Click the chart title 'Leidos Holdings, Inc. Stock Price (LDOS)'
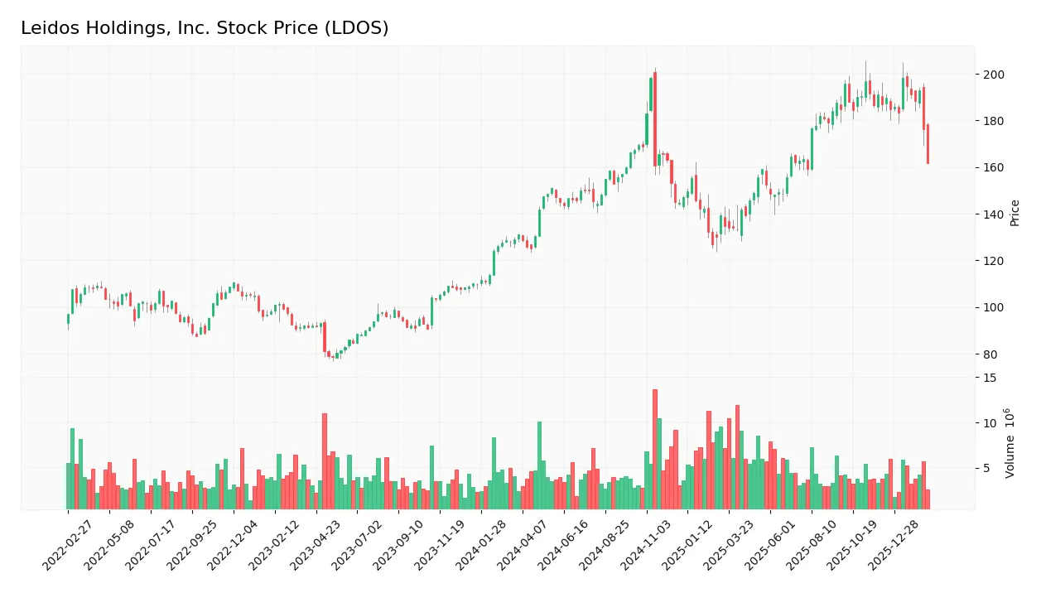pyautogui.click(x=205, y=28)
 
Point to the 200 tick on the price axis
pyautogui.click(x=994, y=75)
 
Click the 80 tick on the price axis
pyautogui.click(x=990, y=354)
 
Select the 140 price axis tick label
pyautogui.click(x=994, y=215)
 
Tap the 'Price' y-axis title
pyautogui.click(x=1015, y=213)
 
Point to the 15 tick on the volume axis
pyautogui.click(x=990, y=378)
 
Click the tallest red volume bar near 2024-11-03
pyautogui.click(x=655, y=449)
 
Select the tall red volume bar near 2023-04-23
pyautogui.click(x=325, y=461)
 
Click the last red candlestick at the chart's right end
pyautogui.click(x=928, y=144)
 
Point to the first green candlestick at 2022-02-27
pyautogui.click(x=68, y=319)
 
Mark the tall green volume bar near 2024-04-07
pyautogui.click(x=539, y=465)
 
